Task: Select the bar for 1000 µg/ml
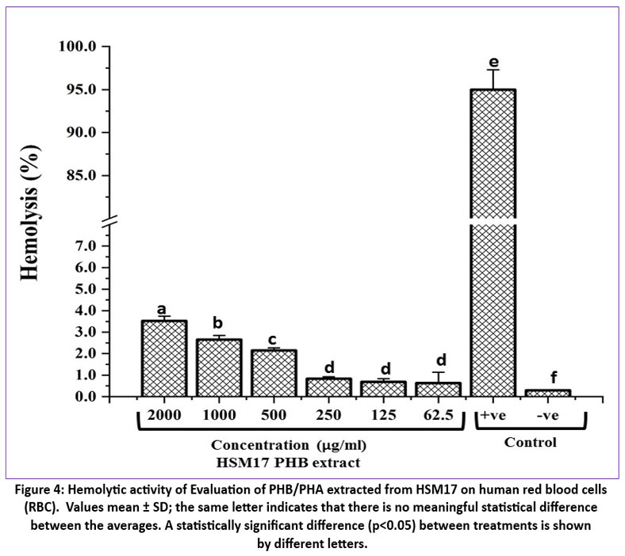(219, 367)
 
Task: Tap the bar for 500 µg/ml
(274, 373)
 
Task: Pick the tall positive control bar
(493, 238)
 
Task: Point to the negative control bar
(548, 393)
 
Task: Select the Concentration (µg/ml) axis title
(289, 447)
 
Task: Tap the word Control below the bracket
(531, 443)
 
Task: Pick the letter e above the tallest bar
(493, 62)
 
